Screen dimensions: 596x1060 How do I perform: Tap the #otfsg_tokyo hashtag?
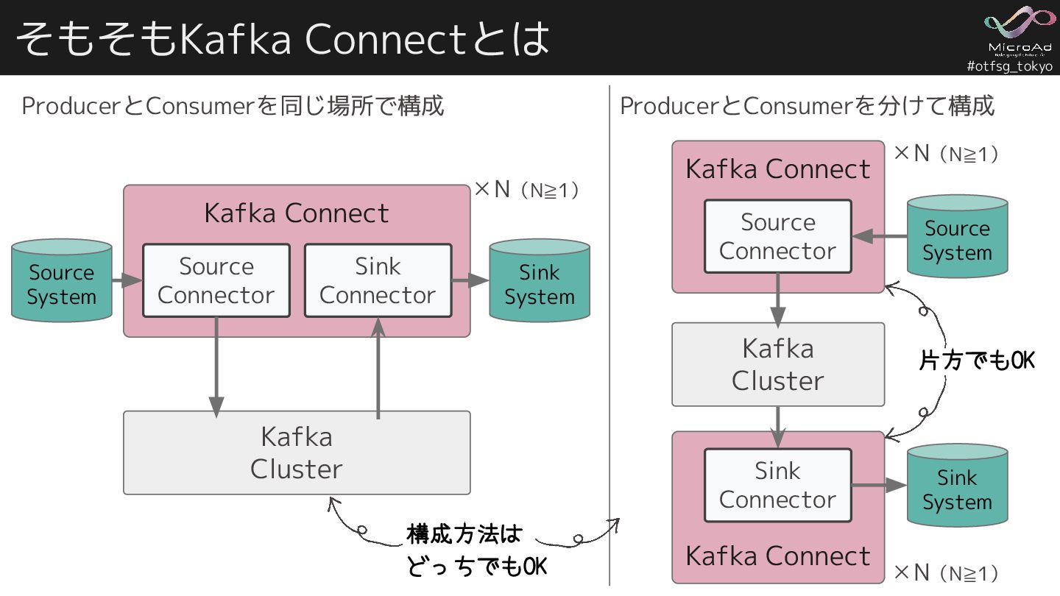click(x=1009, y=66)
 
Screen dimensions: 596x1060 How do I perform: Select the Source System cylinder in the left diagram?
click(x=62, y=281)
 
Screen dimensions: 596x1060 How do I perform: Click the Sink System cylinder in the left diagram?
click(x=540, y=281)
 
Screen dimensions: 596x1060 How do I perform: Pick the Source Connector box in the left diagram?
click(x=216, y=280)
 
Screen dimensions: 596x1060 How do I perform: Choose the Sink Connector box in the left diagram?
click(x=378, y=280)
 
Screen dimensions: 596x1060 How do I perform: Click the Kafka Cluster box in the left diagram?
click(x=297, y=453)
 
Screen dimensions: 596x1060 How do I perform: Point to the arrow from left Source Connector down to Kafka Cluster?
click(x=216, y=368)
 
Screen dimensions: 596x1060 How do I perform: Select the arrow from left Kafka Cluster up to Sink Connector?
click(x=378, y=368)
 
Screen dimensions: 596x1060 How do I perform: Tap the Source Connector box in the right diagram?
click(x=777, y=236)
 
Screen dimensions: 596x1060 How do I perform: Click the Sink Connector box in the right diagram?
click(x=777, y=485)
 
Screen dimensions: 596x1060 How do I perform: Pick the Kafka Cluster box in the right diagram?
click(x=777, y=364)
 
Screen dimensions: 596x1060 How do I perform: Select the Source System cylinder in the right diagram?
click(x=957, y=237)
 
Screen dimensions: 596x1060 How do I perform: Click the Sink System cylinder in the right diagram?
click(x=957, y=486)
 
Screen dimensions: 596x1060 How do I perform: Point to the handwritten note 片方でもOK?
click(x=978, y=360)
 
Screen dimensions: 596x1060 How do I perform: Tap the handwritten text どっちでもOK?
click(x=476, y=567)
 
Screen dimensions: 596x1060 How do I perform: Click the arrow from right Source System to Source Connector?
click(x=880, y=236)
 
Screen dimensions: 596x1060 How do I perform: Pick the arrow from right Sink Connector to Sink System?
click(x=879, y=485)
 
